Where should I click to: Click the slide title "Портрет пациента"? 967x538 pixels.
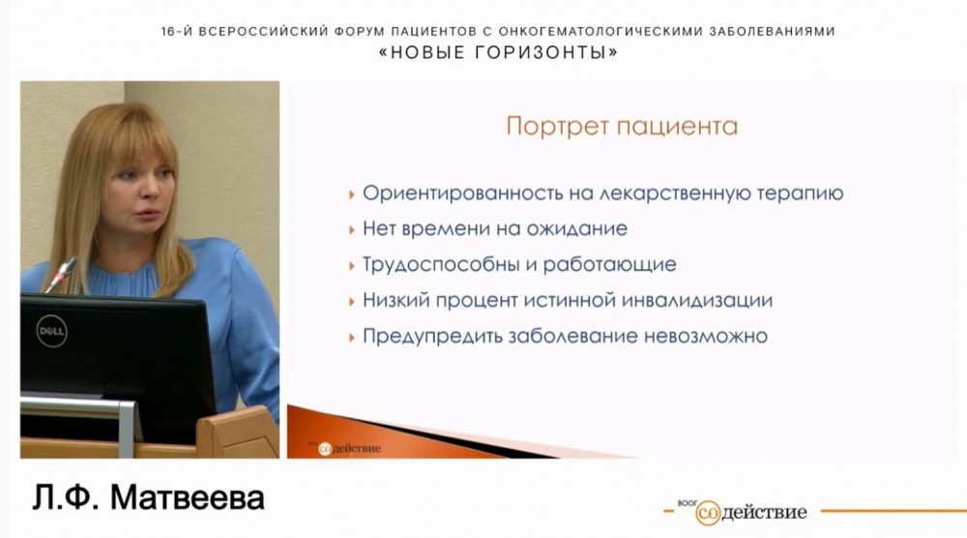(622, 127)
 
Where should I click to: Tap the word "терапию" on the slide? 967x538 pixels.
(799, 194)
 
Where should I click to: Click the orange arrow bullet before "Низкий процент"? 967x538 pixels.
(351, 301)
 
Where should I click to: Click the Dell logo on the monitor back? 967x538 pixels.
(50, 332)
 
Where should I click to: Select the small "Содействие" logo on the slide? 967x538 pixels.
(349, 447)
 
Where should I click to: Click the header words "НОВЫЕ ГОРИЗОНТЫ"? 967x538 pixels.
(497, 54)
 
